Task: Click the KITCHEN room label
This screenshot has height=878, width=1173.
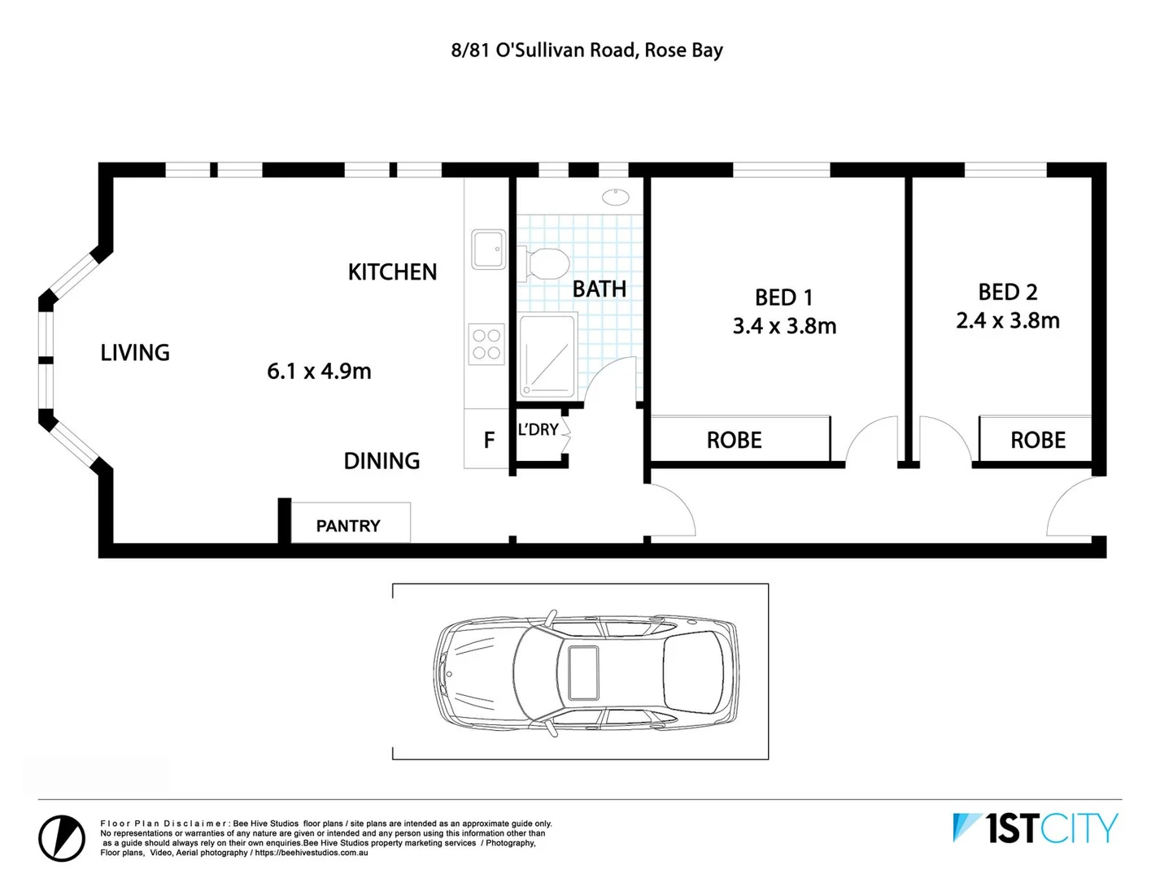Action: (x=392, y=272)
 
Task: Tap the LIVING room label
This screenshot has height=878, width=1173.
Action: (x=135, y=353)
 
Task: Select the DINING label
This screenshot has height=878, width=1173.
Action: (x=382, y=461)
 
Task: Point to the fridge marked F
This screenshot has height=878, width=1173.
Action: (x=488, y=440)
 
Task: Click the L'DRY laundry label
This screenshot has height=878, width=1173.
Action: (x=539, y=429)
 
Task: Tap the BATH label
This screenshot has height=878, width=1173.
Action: (x=599, y=289)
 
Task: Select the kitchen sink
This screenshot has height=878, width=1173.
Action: (x=488, y=249)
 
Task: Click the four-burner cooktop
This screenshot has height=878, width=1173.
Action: (x=486, y=344)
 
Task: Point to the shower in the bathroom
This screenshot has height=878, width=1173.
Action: (x=547, y=357)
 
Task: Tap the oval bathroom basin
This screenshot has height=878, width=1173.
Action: (x=616, y=196)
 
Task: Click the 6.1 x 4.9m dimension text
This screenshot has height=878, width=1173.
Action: (x=319, y=372)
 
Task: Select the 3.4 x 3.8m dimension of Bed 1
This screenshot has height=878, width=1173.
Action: (x=784, y=326)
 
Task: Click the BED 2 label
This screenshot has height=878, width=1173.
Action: (x=1007, y=292)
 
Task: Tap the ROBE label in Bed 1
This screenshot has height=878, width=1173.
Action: (x=734, y=441)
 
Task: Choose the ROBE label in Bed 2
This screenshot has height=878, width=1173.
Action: (x=1037, y=441)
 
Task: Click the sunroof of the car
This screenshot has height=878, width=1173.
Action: (x=583, y=672)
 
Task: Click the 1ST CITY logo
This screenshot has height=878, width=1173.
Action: (x=1036, y=828)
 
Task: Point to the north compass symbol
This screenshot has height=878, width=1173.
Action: (x=62, y=837)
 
